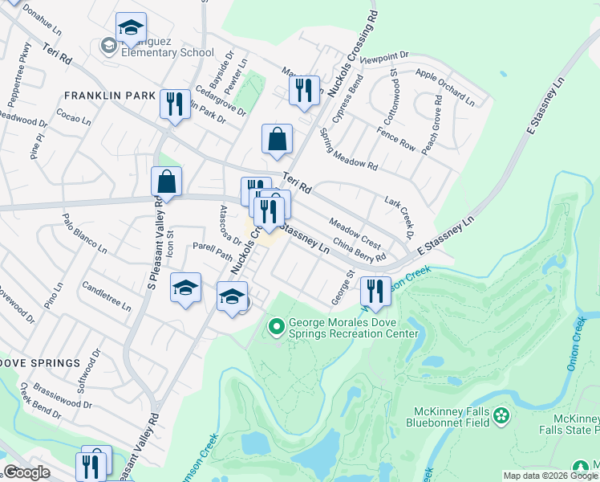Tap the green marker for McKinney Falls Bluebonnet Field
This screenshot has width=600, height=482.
pos(502,415)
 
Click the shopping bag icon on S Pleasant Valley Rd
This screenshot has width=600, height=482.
pos(166,182)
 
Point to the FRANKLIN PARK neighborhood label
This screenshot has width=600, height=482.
pos(110,96)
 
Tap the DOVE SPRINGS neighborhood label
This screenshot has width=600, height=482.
pos(40,363)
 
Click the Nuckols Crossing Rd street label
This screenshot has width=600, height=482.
pos(363,39)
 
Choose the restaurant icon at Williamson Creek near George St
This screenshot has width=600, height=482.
pos(375,292)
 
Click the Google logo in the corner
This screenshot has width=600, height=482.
pos(26,472)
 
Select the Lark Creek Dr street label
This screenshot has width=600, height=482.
pos(398,217)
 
